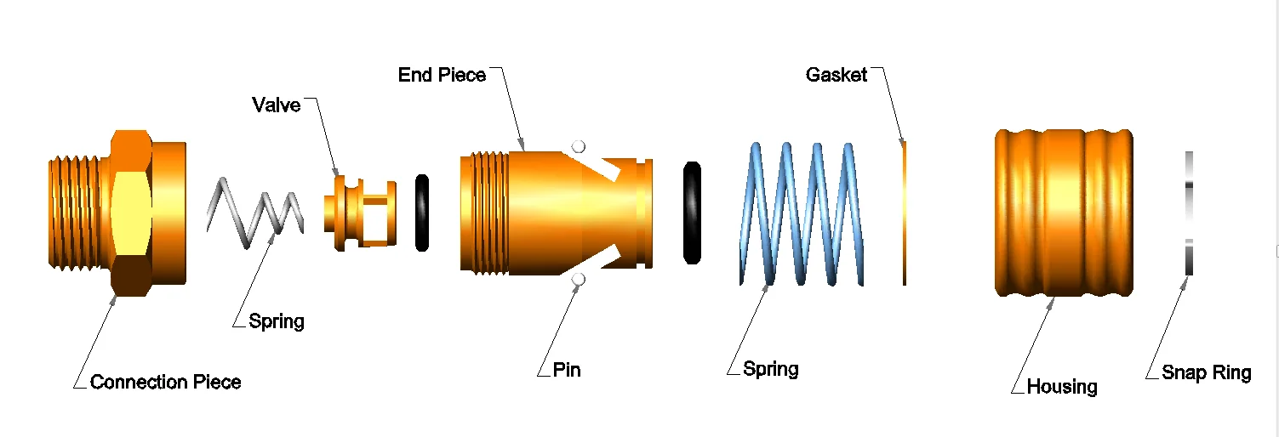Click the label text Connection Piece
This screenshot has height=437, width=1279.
[x=165, y=382]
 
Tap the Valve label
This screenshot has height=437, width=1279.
[x=276, y=105]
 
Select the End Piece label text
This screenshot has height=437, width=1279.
[x=442, y=75]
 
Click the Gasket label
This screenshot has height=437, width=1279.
[x=836, y=75]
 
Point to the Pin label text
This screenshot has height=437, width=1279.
[x=567, y=370]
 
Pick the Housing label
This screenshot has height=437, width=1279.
[x=1061, y=387]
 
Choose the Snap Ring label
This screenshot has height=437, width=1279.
[x=1206, y=372]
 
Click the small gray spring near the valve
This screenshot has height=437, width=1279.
[x=255, y=213]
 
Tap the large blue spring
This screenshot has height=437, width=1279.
[x=800, y=213]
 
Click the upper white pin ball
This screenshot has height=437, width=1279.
[x=579, y=146]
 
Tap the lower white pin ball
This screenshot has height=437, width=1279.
[x=579, y=280]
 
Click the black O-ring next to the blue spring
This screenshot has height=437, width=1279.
[x=693, y=213]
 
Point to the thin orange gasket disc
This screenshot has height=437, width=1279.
[x=905, y=213]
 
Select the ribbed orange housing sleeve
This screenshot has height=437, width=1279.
[x=1064, y=213]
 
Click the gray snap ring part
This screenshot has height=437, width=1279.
[x=1189, y=213]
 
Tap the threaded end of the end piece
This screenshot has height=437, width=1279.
[x=481, y=213]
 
